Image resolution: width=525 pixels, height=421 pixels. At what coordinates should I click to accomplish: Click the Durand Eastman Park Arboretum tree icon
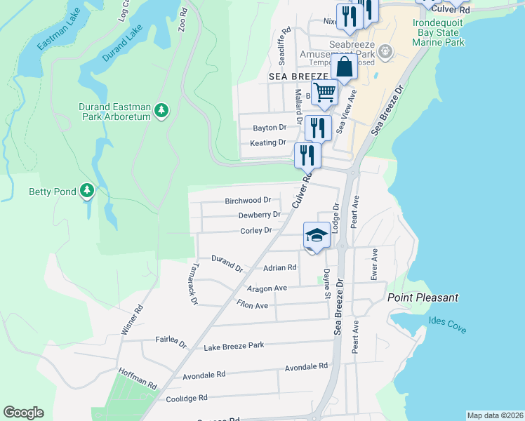tap(162, 110)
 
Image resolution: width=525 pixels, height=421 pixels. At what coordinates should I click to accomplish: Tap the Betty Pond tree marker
tap(86, 191)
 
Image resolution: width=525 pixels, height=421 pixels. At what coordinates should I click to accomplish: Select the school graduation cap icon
tap(317, 235)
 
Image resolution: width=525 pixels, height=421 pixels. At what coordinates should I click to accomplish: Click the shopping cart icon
tap(324, 93)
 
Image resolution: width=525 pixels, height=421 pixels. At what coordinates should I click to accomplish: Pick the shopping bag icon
tap(344, 68)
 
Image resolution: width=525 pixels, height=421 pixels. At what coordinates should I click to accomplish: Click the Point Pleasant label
tap(423, 298)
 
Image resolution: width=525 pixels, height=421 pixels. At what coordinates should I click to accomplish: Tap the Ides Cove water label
tap(447, 325)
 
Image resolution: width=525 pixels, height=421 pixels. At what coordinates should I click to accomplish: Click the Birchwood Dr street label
tap(248, 201)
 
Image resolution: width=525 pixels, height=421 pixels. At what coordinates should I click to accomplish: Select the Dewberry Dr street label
tap(259, 215)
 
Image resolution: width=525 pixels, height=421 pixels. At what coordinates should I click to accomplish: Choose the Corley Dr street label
tap(255, 230)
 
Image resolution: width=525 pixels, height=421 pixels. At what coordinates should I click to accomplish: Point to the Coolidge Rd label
tap(187, 398)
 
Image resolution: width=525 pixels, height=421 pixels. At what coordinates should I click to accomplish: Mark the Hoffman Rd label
tap(138, 379)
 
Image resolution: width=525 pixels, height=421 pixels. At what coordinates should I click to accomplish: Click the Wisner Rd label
tap(133, 319)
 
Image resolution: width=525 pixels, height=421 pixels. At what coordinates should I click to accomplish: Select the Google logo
tap(23, 413)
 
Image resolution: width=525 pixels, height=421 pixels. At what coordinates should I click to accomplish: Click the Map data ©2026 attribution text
tap(494, 415)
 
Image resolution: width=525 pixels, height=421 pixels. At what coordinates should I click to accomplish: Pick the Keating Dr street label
tap(268, 143)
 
